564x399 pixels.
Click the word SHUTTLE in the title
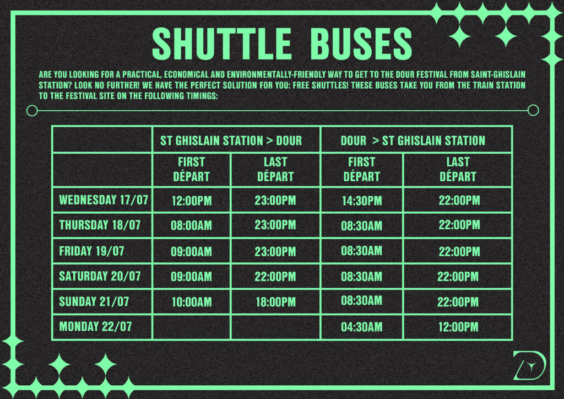tap(221, 44)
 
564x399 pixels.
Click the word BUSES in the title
tap(361, 44)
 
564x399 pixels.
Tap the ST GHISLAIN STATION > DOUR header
tap(231, 141)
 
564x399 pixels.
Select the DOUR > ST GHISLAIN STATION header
tap(413, 141)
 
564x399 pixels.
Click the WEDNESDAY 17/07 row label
tap(104, 200)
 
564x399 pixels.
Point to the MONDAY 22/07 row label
tap(95, 327)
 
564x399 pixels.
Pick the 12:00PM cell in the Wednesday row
tap(192, 201)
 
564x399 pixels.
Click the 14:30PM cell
tap(362, 201)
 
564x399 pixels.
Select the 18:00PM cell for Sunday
tap(275, 302)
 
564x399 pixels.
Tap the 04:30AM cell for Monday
tap(361, 327)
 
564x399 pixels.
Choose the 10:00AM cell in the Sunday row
tap(192, 302)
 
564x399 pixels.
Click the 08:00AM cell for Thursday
tap(191, 225)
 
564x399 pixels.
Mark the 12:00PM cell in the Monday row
tap(458, 327)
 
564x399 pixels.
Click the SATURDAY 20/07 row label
tap(100, 276)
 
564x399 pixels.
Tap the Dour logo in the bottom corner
tap(529, 365)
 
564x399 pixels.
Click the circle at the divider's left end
tap(32, 110)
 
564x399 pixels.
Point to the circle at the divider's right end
tap(533, 110)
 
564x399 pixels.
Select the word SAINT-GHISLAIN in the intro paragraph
tap(498, 74)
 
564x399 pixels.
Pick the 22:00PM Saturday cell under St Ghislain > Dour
tap(275, 277)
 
